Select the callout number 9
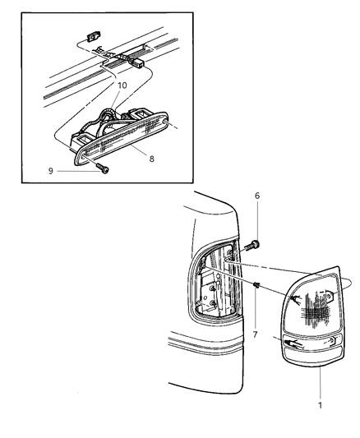(51, 171)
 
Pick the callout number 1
(321, 405)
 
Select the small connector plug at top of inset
(93, 36)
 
